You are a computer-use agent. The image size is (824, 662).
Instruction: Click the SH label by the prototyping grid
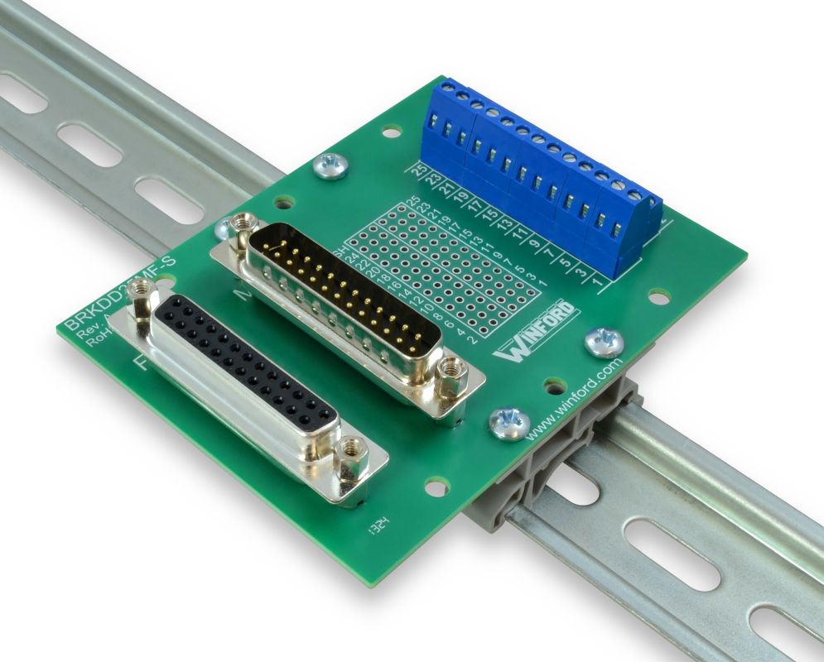pyautogui.click(x=339, y=252)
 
